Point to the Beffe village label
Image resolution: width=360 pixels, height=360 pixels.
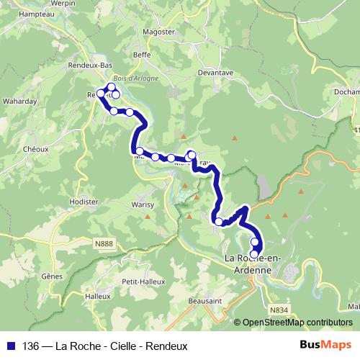point(142,55)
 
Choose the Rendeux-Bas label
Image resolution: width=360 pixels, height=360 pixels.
point(96,66)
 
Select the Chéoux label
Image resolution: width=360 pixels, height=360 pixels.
point(35,149)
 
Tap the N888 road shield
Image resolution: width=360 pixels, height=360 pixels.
point(104,245)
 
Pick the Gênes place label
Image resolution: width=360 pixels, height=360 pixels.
point(53,276)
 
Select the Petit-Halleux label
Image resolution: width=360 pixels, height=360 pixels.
point(139,282)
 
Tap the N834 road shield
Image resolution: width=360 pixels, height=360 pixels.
point(277,310)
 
